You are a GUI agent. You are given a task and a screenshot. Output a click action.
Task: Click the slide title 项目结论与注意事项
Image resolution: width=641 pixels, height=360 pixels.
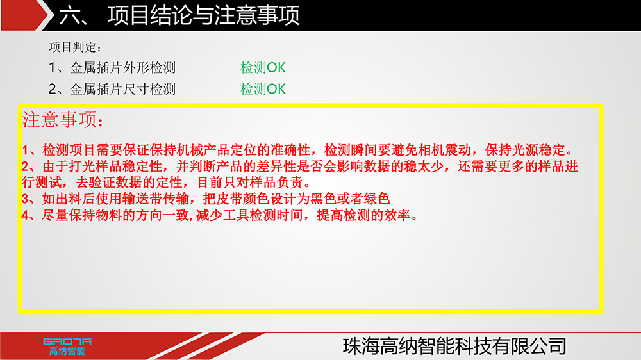point(204,15)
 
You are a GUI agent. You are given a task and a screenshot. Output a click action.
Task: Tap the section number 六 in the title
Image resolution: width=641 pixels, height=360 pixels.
point(69,16)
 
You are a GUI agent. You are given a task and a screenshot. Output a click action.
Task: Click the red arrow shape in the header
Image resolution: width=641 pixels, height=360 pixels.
point(24,15)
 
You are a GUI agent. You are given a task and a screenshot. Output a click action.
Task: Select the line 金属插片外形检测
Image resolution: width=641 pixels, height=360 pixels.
point(122,67)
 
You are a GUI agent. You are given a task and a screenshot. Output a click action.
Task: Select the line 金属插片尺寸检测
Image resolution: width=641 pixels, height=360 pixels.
point(122,89)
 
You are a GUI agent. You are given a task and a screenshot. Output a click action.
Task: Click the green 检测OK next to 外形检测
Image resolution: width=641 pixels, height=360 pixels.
point(263,67)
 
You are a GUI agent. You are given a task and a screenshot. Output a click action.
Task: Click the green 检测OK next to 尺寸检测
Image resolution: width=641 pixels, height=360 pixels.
point(263,89)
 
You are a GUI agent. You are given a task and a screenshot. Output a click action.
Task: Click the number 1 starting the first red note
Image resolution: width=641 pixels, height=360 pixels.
point(26,151)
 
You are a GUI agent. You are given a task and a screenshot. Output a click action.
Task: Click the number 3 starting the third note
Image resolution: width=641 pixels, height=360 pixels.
point(26,199)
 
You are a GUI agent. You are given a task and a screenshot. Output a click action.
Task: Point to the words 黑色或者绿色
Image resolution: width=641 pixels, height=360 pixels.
point(350,199)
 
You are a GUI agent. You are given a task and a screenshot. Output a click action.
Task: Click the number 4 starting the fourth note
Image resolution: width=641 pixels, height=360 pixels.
point(26,215)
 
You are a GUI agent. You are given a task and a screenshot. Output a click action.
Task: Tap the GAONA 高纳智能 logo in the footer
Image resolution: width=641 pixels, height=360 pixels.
point(67,347)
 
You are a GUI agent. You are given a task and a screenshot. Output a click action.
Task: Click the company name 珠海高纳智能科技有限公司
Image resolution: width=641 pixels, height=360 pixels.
point(454,347)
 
